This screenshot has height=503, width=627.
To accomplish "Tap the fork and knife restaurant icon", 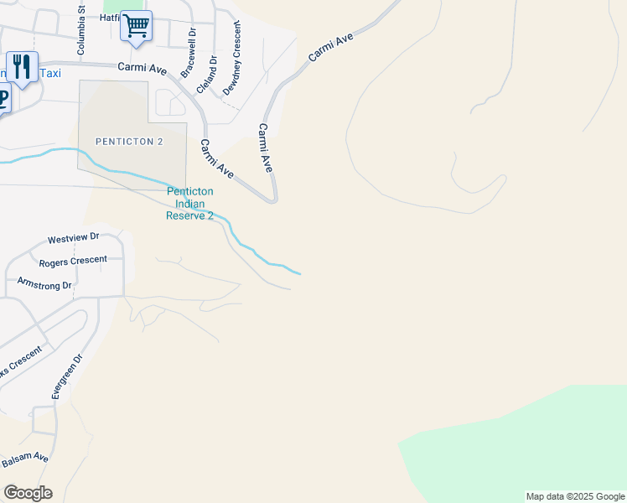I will pyautogui.click(x=22, y=67).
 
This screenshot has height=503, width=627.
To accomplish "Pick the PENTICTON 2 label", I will pyautogui.click(x=129, y=142).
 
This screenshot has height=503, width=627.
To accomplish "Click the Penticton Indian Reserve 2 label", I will pyautogui.click(x=189, y=204).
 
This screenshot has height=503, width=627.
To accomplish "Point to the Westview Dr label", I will pyautogui.click(x=74, y=238).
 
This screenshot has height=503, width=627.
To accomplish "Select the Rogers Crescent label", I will pyautogui.click(x=73, y=262).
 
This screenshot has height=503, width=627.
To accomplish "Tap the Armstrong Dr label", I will pyautogui.click(x=45, y=283).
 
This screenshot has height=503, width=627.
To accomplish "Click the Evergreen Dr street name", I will pyautogui.click(x=67, y=376).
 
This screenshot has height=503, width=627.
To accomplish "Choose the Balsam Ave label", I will pyautogui.click(x=24, y=459).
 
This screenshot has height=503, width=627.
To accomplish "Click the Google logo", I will pyautogui.click(x=28, y=493).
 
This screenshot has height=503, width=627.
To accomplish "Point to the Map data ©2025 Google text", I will pyautogui.click(x=574, y=496).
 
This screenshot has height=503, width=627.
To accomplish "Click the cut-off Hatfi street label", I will pyautogui.click(x=110, y=17).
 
